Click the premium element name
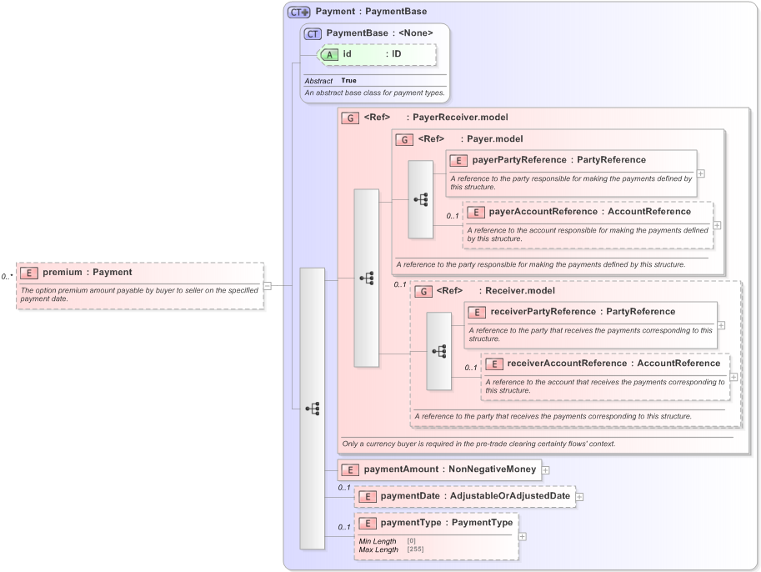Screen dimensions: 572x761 (x=63, y=272)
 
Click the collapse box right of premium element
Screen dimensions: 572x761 (x=268, y=285)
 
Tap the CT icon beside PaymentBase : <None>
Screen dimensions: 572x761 (x=313, y=33)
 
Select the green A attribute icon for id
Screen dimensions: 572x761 (x=329, y=54)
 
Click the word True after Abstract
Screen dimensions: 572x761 (x=348, y=81)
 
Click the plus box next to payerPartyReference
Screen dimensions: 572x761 (x=701, y=173)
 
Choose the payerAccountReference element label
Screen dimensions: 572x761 (x=543, y=212)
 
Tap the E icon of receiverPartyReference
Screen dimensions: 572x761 (x=477, y=312)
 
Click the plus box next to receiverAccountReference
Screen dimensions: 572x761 (x=734, y=376)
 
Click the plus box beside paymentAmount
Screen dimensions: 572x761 (x=545, y=469)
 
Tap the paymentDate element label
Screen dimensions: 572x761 (x=411, y=496)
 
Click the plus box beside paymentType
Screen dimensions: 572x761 (x=523, y=535)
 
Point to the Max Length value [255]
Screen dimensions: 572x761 (x=415, y=549)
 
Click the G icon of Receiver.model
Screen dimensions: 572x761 (x=423, y=292)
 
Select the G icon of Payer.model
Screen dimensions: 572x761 (x=404, y=139)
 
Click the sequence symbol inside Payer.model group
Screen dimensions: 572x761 (x=421, y=199)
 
